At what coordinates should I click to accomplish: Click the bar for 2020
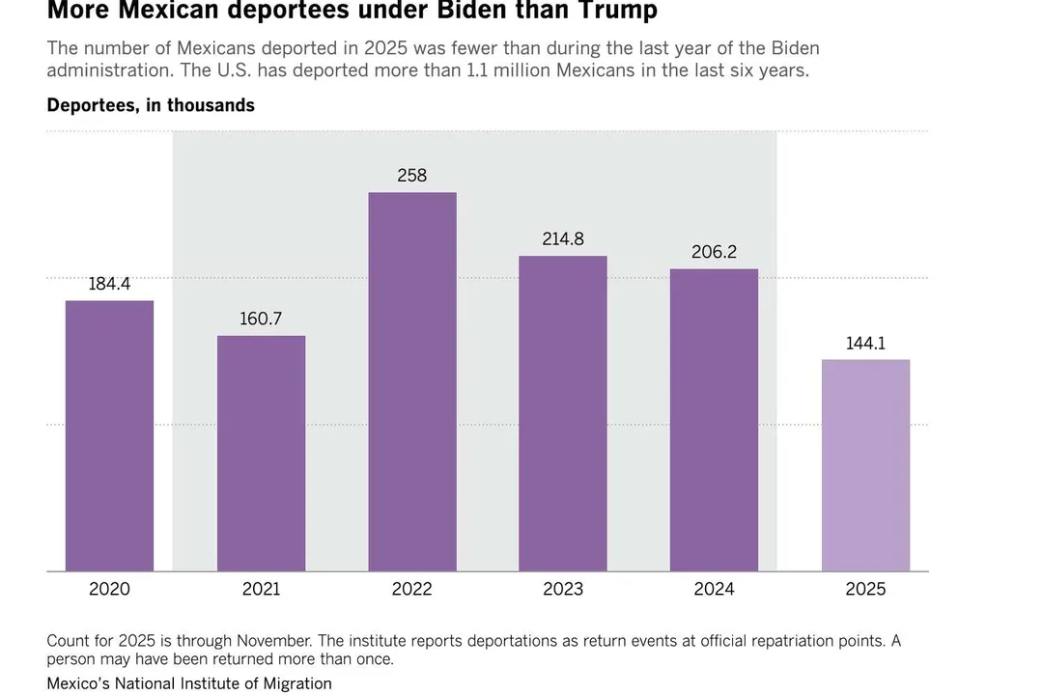[x=109, y=435]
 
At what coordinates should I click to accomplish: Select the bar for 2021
[x=261, y=453]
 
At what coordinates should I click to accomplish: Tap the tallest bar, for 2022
[x=412, y=381]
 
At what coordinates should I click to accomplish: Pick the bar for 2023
[x=563, y=413]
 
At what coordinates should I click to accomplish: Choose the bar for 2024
[x=714, y=420]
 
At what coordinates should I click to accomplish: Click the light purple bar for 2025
[x=865, y=465]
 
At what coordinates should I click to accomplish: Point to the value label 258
[x=412, y=176]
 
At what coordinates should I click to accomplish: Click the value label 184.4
[x=109, y=284]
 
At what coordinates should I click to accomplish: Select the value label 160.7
[x=261, y=319]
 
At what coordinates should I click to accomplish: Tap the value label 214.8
[x=563, y=238]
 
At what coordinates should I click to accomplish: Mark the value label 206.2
[x=714, y=252]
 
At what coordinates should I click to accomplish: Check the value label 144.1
[x=865, y=343]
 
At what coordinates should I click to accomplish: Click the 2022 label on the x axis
[x=412, y=589]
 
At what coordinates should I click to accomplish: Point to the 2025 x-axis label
[x=865, y=589]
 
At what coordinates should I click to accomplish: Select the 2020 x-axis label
[x=109, y=589]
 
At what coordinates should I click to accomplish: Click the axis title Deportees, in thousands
[x=151, y=105]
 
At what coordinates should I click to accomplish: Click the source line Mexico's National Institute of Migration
[x=189, y=683]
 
